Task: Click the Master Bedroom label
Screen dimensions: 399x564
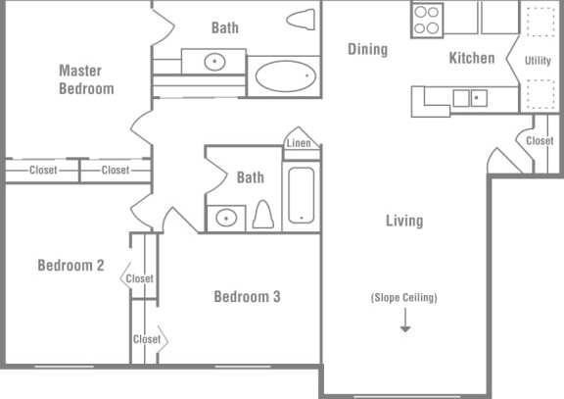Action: (86, 79)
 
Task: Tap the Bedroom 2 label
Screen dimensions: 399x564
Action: (70, 265)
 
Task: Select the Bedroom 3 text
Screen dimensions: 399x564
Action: (247, 296)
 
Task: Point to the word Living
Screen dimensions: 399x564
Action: (403, 221)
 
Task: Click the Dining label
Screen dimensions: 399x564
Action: (367, 49)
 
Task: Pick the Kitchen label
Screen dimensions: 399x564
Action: (472, 58)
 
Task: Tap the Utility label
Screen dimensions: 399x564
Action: (538, 61)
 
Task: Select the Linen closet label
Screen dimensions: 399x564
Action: (299, 144)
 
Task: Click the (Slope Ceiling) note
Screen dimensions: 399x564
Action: (403, 298)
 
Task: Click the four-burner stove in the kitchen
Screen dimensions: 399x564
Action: (427, 20)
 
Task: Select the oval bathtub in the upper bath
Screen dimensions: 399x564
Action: (284, 75)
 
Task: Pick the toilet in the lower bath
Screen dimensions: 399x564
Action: (262, 214)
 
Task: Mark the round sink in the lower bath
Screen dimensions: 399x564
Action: (227, 217)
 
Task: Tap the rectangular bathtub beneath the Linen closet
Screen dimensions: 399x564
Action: (301, 195)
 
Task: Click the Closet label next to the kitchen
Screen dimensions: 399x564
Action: (540, 141)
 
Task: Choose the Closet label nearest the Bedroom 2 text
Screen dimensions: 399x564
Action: (140, 278)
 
